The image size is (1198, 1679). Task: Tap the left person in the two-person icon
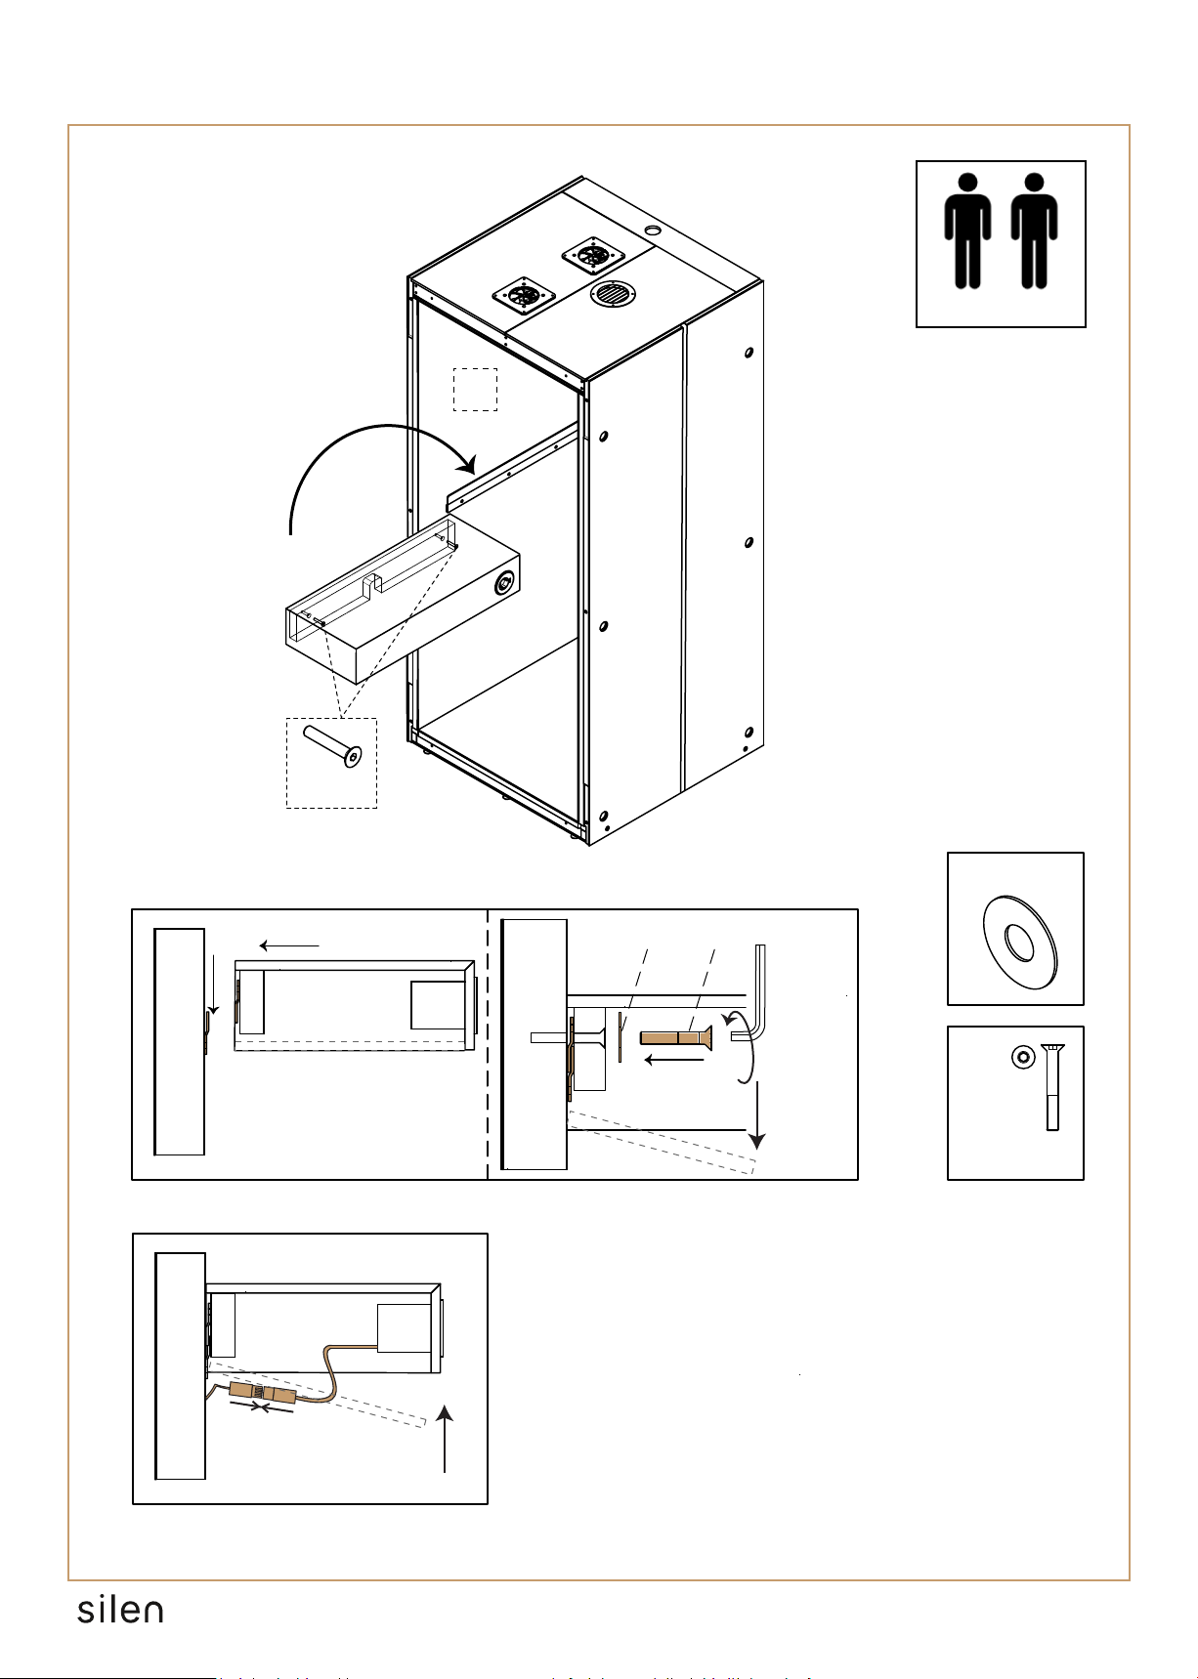click(967, 231)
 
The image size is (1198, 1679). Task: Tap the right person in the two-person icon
click(1034, 231)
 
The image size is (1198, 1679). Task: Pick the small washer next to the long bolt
click(1022, 1056)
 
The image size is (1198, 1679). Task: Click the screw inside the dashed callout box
click(331, 747)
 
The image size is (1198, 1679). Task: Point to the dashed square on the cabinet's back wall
click(476, 390)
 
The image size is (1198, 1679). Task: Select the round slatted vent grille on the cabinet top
click(613, 293)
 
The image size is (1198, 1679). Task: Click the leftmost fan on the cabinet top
click(524, 294)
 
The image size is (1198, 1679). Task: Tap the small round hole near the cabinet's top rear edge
click(654, 231)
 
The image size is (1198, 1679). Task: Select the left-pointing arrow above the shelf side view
click(290, 945)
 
